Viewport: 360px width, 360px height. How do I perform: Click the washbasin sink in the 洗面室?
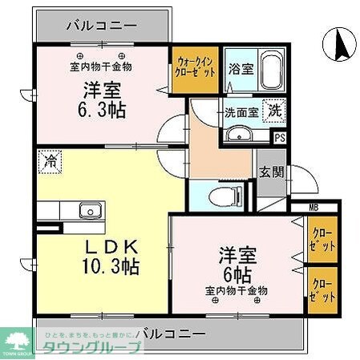click(x=238, y=136)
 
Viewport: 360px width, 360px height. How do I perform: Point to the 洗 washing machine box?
click(x=274, y=111)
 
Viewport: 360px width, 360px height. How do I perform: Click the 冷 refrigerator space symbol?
click(x=51, y=160)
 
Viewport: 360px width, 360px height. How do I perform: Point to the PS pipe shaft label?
click(x=279, y=137)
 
